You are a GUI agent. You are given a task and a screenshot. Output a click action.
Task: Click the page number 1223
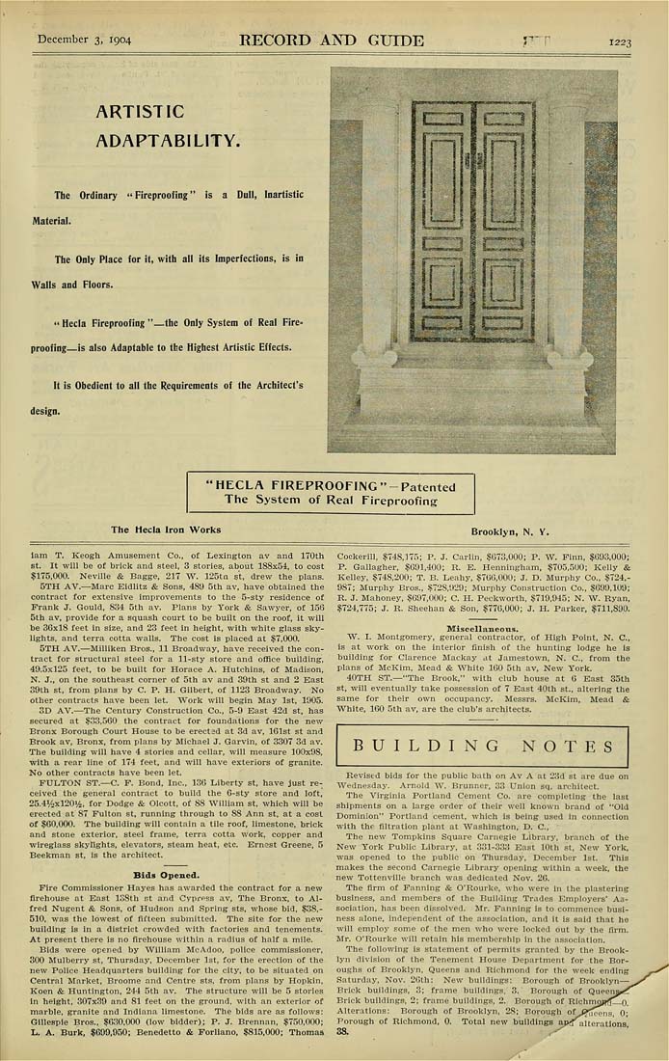619,41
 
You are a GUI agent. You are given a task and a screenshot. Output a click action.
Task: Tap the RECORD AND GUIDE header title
331,41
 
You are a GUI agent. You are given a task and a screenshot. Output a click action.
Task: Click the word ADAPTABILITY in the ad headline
168,141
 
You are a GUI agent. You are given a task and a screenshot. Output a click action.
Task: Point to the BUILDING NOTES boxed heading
489,746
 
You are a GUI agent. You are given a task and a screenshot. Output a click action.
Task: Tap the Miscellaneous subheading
482,627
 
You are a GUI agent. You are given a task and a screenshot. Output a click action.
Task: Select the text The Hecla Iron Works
166,530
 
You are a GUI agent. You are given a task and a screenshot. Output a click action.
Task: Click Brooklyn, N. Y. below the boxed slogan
510,531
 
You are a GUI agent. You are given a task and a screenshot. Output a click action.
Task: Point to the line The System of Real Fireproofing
331,500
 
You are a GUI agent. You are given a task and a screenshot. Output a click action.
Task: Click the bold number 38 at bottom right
342,1030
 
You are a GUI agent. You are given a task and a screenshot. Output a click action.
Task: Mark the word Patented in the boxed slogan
426,486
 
